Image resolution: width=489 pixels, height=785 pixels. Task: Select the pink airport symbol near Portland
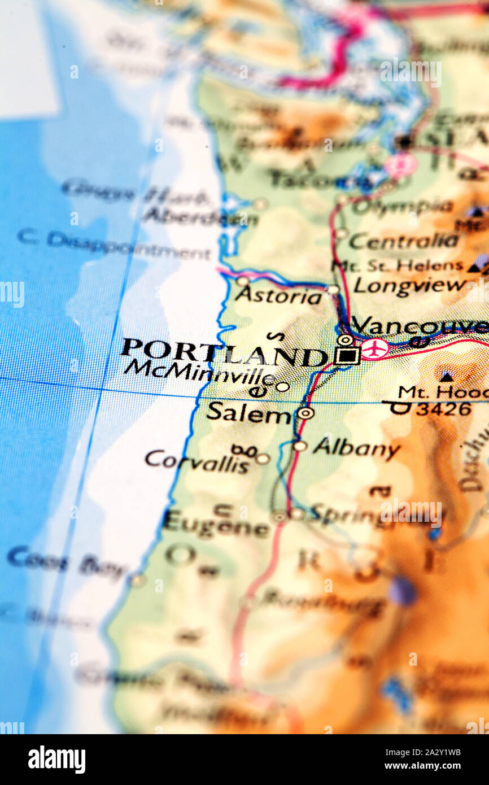[375, 348]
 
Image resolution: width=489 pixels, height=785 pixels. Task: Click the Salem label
[248, 413]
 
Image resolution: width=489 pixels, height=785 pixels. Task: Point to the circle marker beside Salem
[305, 413]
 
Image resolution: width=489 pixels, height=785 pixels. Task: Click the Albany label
[356, 448]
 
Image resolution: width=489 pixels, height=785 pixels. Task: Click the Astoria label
[278, 295]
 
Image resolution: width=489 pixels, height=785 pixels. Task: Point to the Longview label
[409, 285]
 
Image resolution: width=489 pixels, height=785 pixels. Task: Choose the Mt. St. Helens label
[398, 265]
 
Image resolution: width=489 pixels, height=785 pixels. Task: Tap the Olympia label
[402, 207]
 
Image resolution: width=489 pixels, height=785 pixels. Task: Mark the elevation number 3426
[443, 409]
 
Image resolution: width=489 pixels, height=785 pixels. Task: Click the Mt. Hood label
[443, 391]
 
